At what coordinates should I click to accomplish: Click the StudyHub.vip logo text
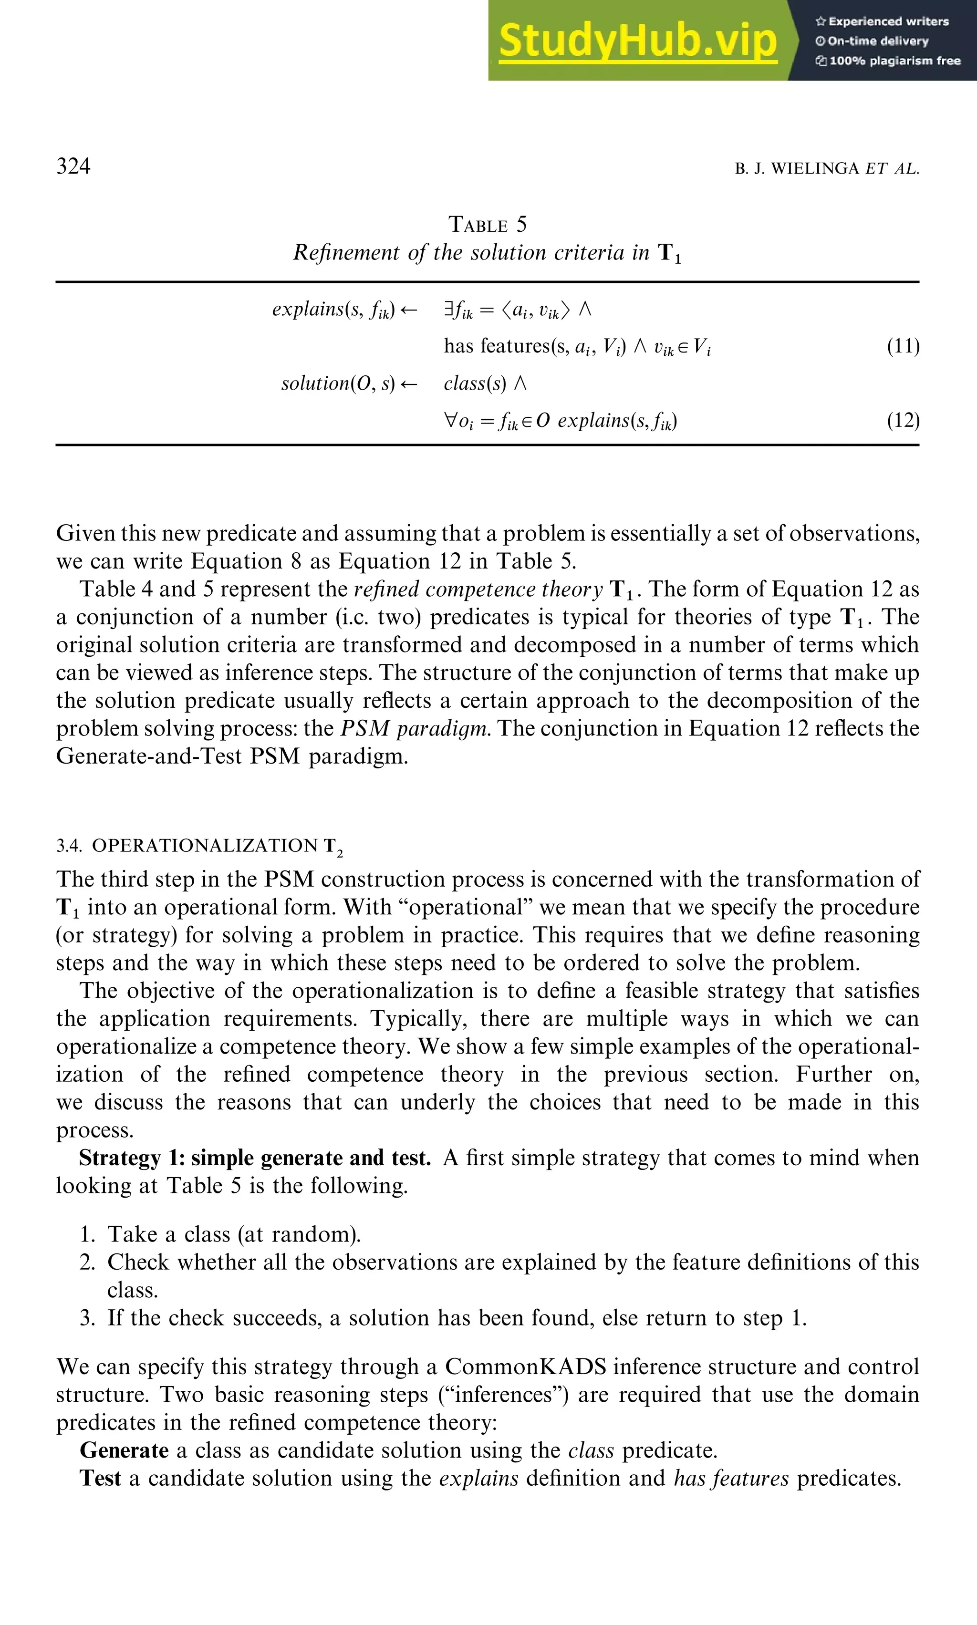(637, 41)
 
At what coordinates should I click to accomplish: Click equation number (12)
(903, 420)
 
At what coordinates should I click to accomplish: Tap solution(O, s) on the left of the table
(338, 383)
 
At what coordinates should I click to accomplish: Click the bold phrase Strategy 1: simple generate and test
(255, 1158)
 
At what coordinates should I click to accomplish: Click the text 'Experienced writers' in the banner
(888, 21)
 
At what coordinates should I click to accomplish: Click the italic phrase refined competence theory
(478, 589)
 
